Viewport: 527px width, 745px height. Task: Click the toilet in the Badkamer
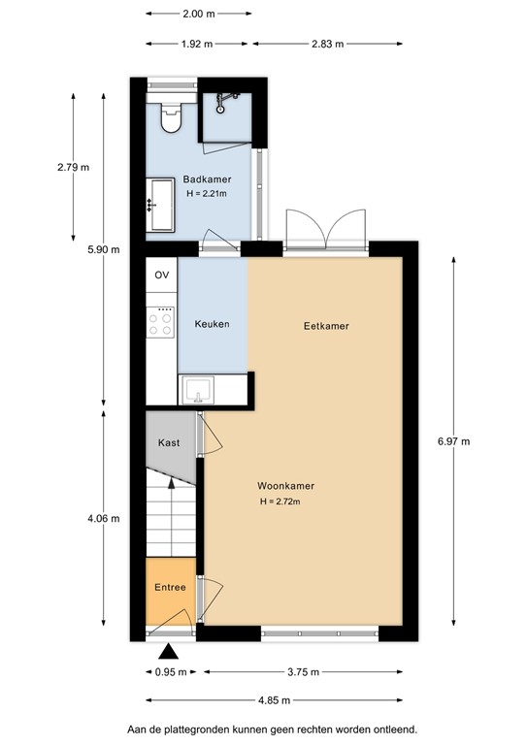point(172,118)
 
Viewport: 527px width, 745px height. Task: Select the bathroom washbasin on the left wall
point(159,205)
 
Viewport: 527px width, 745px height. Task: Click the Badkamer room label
point(206,179)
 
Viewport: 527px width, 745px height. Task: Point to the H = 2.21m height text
point(206,194)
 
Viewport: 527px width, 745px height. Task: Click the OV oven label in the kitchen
point(161,275)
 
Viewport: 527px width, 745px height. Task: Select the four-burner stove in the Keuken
point(161,322)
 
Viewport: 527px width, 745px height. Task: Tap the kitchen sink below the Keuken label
point(200,390)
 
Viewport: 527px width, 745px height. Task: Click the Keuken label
point(212,324)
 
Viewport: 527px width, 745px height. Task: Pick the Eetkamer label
point(319,326)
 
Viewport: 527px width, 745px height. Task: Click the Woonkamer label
point(285,486)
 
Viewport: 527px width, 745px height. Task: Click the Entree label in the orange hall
point(170,588)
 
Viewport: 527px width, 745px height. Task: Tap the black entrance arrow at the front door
point(169,652)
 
